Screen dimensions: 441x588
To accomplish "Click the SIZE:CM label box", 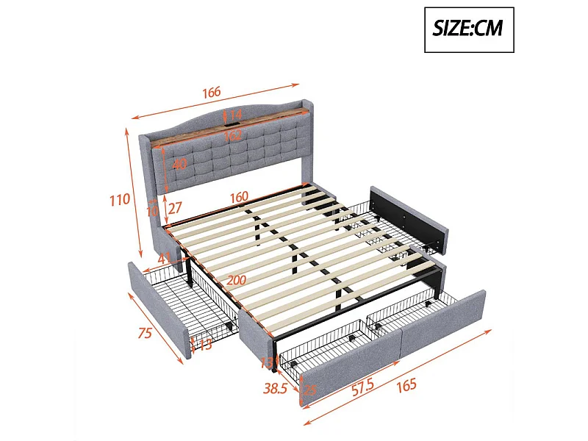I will point(469,29).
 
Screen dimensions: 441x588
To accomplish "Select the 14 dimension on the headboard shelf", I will point(236,115).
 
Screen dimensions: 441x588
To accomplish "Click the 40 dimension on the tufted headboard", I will point(179,165).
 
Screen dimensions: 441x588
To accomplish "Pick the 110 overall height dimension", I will point(120,199).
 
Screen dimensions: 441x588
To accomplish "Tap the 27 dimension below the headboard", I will point(175,209).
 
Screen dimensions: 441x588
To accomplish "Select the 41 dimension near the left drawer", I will point(164,258).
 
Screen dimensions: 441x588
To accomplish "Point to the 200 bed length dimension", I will point(236,280).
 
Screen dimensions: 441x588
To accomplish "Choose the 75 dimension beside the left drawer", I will point(145,333).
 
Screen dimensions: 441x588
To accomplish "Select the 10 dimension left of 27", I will point(153,211).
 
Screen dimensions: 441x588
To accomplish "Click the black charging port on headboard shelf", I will point(224,115).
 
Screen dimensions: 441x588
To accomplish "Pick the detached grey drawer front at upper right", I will point(410,215).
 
